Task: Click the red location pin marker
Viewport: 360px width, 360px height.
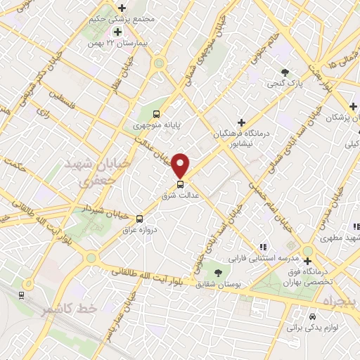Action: (181, 165)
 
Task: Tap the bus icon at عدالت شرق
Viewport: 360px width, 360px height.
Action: (181, 184)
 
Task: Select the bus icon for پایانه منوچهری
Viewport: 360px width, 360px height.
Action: (156, 114)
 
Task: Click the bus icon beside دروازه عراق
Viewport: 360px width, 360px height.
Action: (139, 219)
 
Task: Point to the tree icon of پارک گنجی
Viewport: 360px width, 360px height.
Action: (285, 72)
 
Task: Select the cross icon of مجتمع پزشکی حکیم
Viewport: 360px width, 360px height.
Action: (117, 32)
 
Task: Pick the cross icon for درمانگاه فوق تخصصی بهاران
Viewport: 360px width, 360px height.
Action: (307, 262)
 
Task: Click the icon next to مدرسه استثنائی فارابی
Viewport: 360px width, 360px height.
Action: (262, 247)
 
